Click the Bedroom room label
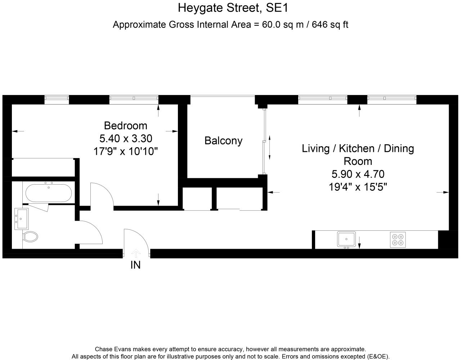tap(125, 126)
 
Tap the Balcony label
tap(223, 141)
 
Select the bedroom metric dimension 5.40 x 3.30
tap(125, 138)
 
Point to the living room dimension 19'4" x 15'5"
tap(358, 187)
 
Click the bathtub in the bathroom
tap(48, 193)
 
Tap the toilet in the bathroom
tap(30, 237)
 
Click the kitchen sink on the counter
tap(346, 239)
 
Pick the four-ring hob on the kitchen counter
tap(398, 239)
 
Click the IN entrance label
tap(135, 265)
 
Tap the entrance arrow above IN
tap(135, 253)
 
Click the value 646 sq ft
tap(330, 24)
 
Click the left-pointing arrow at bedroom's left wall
tap(18, 131)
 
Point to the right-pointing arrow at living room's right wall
tap(443, 193)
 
